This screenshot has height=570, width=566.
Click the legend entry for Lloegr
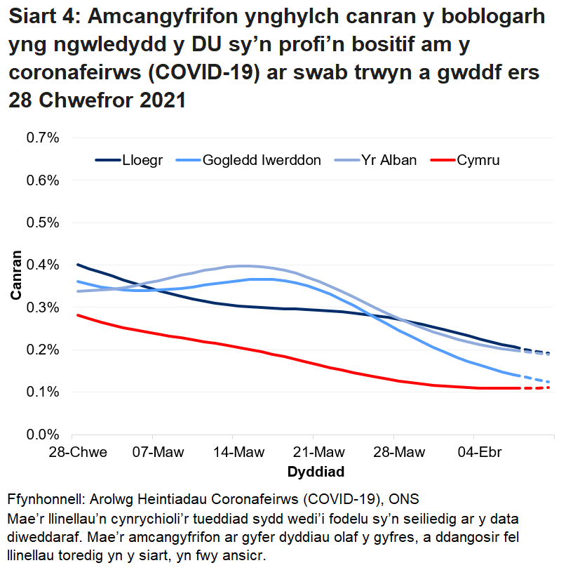[x=145, y=161]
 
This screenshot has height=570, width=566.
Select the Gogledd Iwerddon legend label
[x=262, y=161]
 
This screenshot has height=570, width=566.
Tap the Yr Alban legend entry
[x=389, y=161]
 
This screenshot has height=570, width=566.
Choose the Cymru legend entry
[x=478, y=161]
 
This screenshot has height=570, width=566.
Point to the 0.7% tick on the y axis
[x=42, y=138]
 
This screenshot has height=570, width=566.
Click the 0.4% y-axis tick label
[x=42, y=265]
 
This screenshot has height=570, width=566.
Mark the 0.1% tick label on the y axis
[x=42, y=392]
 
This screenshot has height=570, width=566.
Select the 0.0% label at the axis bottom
[x=42, y=435]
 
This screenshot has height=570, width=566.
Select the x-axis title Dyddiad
[x=316, y=470]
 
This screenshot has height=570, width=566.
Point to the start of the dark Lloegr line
[x=79, y=265]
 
